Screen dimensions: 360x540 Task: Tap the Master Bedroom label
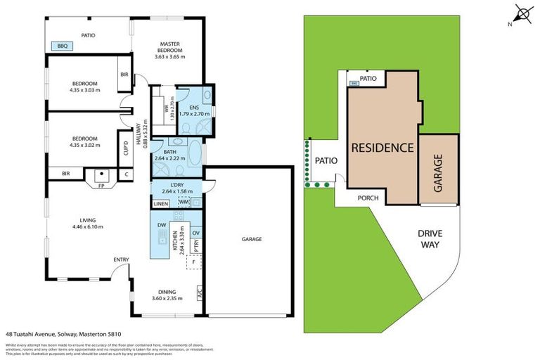(x=170, y=46)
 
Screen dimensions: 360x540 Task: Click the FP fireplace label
(x=102, y=186)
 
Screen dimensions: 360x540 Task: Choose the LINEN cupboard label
(x=161, y=204)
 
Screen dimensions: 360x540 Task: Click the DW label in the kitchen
(x=162, y=225)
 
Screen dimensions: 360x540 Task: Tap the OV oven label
(x=196, y=233)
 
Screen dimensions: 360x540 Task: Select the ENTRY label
(x=121, y=260)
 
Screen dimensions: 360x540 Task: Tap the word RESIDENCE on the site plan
(x=381, y=148)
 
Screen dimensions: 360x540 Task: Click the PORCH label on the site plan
(x=368, y=198)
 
